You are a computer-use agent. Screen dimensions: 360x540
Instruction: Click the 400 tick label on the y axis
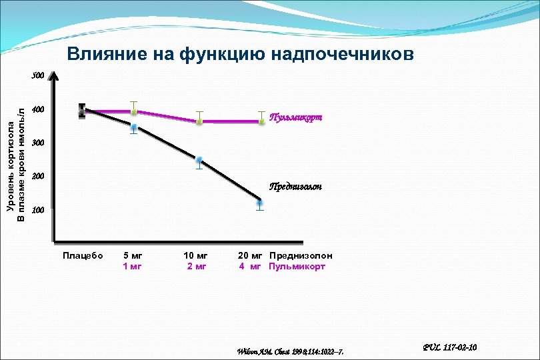pyautogui.click(x=38, y=109)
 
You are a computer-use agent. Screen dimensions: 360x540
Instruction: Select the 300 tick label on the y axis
pyautogui.click(x=38, y=143)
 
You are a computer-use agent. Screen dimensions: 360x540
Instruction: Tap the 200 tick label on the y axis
pyautogui.click(x=38, y=177)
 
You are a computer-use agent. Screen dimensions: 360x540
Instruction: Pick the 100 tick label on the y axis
pyautogui.click(x=38, y=211)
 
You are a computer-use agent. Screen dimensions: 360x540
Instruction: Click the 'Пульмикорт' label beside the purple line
pyautogui.click(x=295, y=117)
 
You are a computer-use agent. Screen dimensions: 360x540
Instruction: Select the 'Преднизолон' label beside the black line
pyautogui.click(x=295, y=187)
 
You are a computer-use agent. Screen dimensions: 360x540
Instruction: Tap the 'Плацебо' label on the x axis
pyautogui.click(x=83, y=256)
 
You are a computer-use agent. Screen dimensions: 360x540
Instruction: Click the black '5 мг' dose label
pyautogui.click(x=133, y=256)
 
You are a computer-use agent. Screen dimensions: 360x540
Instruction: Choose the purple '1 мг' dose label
pyautogui.click(x=133, y=267)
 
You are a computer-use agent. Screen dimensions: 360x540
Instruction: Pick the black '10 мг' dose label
pyautogui.click(x=196, y=256)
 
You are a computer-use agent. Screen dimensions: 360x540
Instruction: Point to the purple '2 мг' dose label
pyautogui.click(x=196, y=267)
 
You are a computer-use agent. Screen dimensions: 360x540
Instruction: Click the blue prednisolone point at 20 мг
pyautogui.click(x=260, y=203)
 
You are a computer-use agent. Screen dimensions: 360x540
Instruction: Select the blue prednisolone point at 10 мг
pyautogui.click(x=199, y=161)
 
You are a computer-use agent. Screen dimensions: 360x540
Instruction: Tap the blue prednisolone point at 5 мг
pyautogui.click(x=134, y=127)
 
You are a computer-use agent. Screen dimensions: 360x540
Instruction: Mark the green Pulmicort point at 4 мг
pyautogui.click(x=261, y=121)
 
